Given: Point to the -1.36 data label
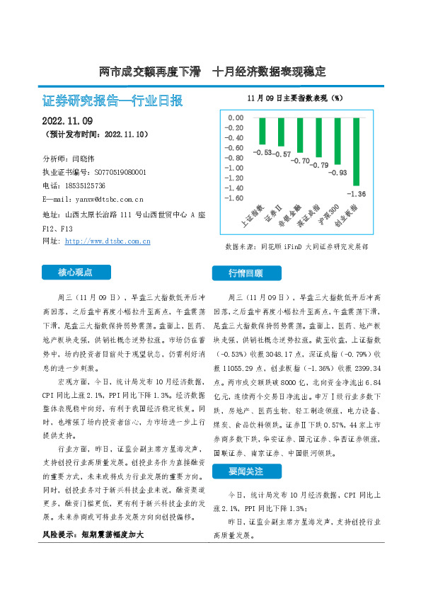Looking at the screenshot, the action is point(357,193).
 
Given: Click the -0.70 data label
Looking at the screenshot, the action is point(299,161).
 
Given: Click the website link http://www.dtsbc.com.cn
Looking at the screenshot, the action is point(108,241).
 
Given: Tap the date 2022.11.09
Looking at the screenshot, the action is point(67,120).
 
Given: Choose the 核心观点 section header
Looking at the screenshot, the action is point(76,272).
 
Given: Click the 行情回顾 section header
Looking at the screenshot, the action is point(246,273).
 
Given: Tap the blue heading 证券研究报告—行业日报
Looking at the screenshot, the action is point(113,101).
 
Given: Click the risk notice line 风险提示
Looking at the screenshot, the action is point(92,535).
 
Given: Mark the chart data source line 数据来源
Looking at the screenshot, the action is point(296,247).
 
